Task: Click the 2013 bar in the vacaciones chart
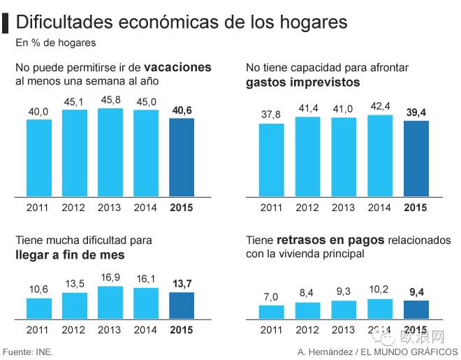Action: click(110, 152)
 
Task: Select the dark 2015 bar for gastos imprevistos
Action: click(416, 159)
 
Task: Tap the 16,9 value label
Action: click(110, 278)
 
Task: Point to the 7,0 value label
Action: click(270, 297)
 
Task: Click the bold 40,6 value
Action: click(182, 110)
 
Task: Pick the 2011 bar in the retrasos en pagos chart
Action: click(272, 312)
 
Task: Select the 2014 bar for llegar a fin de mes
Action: click(146, 303)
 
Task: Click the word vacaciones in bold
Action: click(177, 67)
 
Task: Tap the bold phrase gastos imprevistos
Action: click(303, 82)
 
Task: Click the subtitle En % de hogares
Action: click(56, 43)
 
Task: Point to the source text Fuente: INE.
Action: click(28, 352)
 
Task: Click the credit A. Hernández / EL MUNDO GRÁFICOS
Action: click(377, 352)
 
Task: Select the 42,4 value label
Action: click(380, 106)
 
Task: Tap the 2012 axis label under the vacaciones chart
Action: click(73, 208)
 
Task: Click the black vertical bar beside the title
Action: click(5, 23)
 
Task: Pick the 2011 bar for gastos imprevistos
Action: click(272, 160)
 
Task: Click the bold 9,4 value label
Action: click(416, 292)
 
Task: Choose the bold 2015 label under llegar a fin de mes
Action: click(182, 330)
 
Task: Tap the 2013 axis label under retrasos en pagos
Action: click(343, 330)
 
